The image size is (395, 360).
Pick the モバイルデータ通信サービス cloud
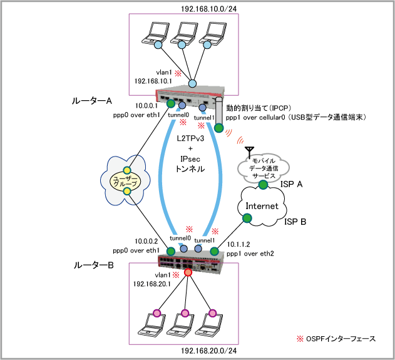[x=262, y=168]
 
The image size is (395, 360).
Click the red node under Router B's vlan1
[x=188, y=272]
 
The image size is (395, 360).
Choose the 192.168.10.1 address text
[x=154, y=81]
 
